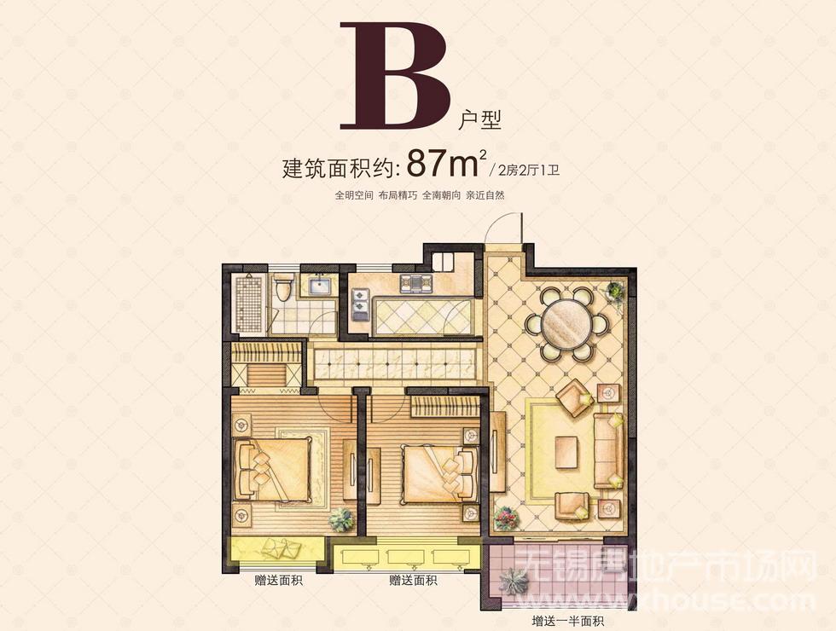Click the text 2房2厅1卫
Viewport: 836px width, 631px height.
(x=528, y=171)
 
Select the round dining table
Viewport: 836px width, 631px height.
(x=566, y=323)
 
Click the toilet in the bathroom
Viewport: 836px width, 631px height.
(x=283, y=288)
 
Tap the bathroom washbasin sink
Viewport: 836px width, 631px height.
(x=319, y=287)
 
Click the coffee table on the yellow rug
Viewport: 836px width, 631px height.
(x=566, y=453)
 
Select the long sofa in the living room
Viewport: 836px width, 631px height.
(x=607, y=450)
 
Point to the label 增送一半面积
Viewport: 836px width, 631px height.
(x=567, y=621)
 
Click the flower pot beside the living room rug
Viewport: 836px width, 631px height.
(x=505, y=518)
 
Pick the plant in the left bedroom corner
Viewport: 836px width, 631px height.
(x=341, y=518)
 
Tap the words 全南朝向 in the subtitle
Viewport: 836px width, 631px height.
(x=442, y=195)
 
